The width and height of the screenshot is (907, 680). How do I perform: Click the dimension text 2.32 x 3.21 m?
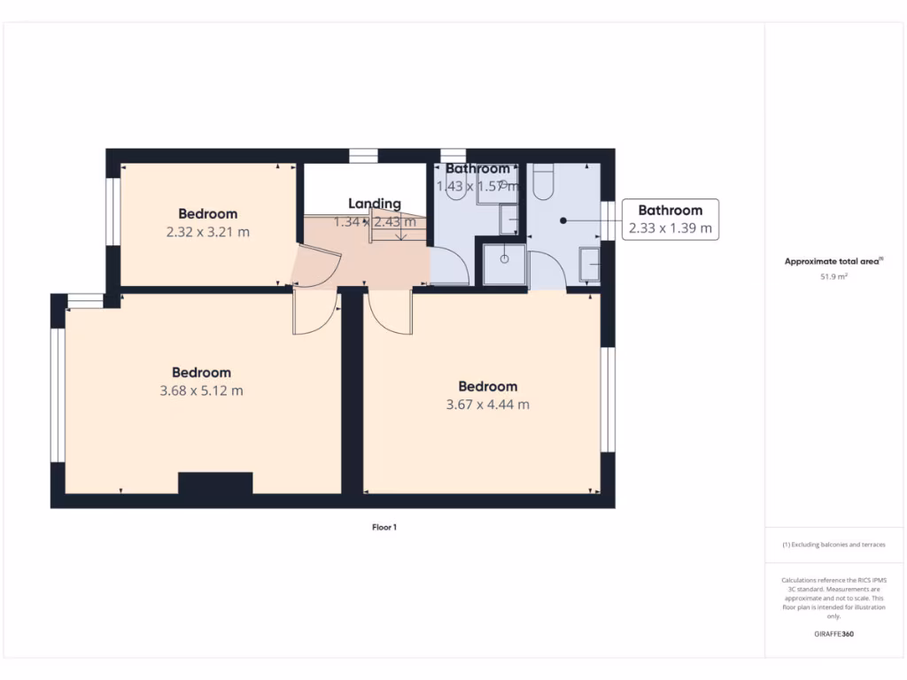207,232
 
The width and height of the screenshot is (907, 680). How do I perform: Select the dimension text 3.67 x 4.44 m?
487,405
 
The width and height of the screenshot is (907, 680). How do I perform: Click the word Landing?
374,204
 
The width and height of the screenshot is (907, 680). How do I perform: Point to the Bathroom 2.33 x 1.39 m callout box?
670,219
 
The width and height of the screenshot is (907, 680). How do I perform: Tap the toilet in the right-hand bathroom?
544,182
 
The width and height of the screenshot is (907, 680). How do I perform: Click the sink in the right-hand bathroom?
590,263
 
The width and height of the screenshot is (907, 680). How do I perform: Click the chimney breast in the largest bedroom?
215,483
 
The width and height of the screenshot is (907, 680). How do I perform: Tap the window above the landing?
363,157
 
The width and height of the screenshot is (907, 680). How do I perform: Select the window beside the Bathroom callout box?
608,220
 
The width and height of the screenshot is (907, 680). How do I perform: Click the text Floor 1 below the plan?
384,528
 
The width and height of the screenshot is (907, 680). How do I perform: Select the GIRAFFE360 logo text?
833,634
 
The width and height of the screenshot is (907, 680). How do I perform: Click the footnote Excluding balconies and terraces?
833,545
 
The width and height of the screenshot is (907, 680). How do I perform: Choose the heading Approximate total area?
833,261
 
